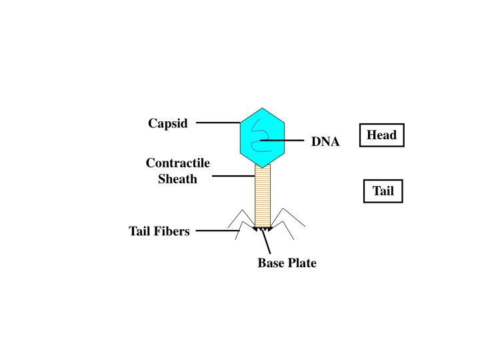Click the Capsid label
pyautogui.click(x=168, y=123)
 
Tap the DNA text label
pyautogui.click(x=325, y=142)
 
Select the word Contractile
pyautogui.click(x=178, y=163)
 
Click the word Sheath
pyautogui.click(x=178, y=179)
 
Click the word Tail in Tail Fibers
pyautogui.click(x=141, y=231)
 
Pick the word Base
pyautogui.click(x=271, y=263)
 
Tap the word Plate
pyautogui.click(x=302, y=263)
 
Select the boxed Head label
pyautogui.click(x=382, y=135)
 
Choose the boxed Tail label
pyautogui.click(x=383, y=191)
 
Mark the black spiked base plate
pyautogui.click(x=263, y=229)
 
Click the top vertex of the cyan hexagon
pyautogui.click(x=263, y=108)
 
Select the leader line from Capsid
pyautogui.click(x=218, y=123)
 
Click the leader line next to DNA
pyautogui.click(x=283, y=141)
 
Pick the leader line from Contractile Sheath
pyautogui.click(x=233, y=177)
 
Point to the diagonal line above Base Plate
pyautogui.click(x=266, y=241)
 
